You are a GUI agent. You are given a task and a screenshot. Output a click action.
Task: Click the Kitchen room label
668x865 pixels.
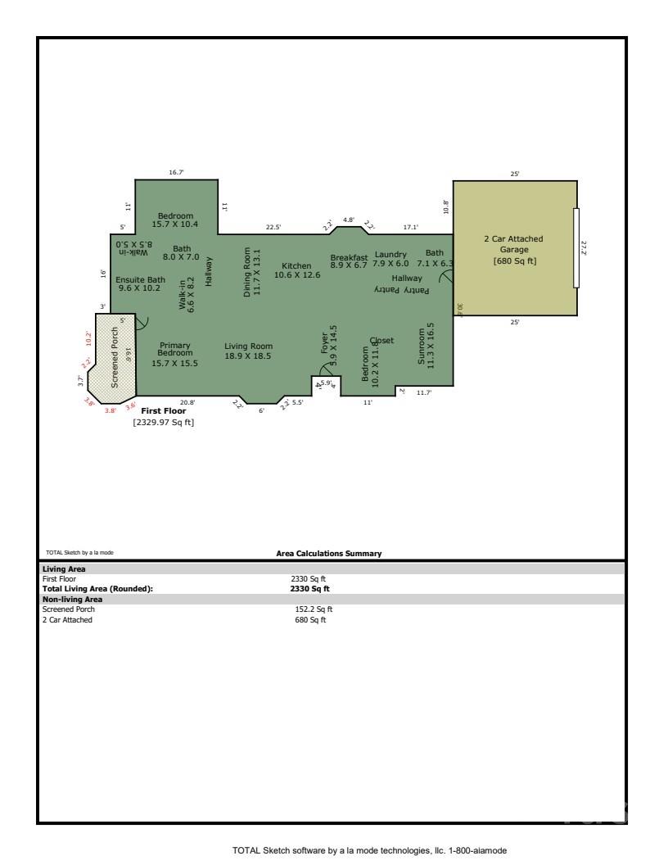pos(296,270)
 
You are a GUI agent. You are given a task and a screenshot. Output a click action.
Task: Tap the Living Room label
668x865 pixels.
pos(247,351)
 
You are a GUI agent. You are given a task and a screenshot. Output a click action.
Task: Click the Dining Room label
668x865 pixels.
pos(251,272)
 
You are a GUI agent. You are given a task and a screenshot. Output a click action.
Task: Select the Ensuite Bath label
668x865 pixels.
pos(140,283)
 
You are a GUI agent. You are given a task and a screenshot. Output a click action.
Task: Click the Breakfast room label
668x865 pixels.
pos(349,260)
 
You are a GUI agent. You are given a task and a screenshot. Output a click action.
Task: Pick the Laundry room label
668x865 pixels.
pos(390,259)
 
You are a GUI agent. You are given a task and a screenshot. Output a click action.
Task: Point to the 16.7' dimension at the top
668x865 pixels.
pos(176,173)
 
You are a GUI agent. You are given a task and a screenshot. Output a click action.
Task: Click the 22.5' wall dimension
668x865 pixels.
pos(273,227)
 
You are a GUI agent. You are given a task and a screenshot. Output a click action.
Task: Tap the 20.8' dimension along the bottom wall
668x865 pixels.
pos(187,402)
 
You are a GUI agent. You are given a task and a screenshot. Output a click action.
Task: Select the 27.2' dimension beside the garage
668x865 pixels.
pos(584,248)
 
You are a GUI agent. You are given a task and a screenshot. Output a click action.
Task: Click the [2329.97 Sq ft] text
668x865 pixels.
pos(164,423)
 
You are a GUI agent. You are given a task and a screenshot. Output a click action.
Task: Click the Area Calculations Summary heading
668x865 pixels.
pos(329,554)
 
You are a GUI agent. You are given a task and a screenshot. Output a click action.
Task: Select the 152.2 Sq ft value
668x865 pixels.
pos(314,609)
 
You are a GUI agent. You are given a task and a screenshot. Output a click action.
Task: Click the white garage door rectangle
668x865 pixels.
pos(576,248)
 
